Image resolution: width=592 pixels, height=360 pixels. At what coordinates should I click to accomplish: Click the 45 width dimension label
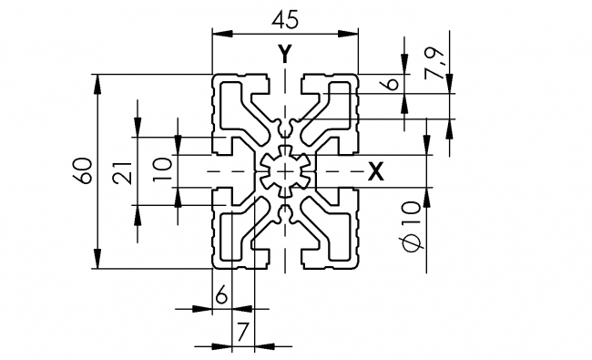[x=286, y=16]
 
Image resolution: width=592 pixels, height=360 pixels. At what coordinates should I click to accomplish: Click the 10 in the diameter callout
[x=411, y=215]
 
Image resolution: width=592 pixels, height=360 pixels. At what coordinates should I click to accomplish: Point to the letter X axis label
[x=375, y=170]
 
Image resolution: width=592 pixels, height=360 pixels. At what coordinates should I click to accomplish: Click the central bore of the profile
[x=286, y=170]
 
